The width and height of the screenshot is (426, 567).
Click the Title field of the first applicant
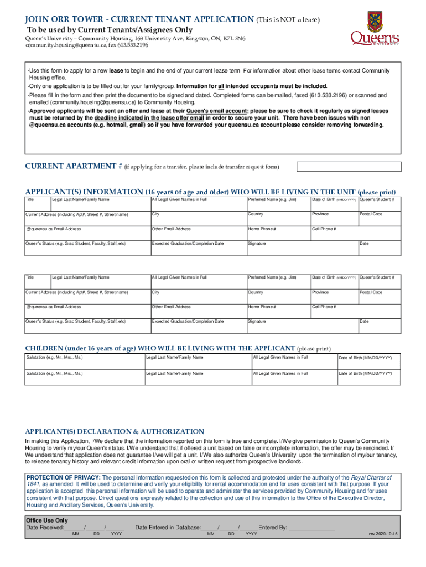(x=37, y=203)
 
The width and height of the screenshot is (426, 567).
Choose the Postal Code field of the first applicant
(x=378, y=218)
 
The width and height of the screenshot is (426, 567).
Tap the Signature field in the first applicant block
(x=301, y=248)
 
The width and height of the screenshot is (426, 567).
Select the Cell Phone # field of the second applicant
(x=355, y=311)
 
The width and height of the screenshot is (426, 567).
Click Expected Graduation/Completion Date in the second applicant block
(x=198, y=325)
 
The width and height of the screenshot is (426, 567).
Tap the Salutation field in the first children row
(x=83, y=362)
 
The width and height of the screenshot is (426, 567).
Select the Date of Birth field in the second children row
(x=367, y=378)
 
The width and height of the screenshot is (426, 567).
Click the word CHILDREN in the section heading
(x=44, y=348)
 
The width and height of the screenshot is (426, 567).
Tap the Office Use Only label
(x=47, y=520)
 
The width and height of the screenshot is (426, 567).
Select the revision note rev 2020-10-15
(x=383, y=534)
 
